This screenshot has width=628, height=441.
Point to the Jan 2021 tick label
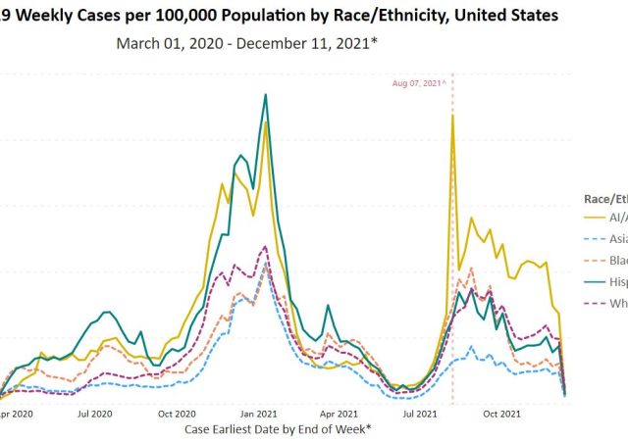[256, 414]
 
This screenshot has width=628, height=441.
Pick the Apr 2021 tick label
[337, 414]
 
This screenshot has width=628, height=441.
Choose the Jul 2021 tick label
[419, 414]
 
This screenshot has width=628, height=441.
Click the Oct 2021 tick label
[501, 414]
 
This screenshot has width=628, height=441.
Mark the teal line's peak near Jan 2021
[265, 95]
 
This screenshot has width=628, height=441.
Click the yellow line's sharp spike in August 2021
[452, 116]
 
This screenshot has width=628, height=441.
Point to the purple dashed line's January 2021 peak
[264, 246]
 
